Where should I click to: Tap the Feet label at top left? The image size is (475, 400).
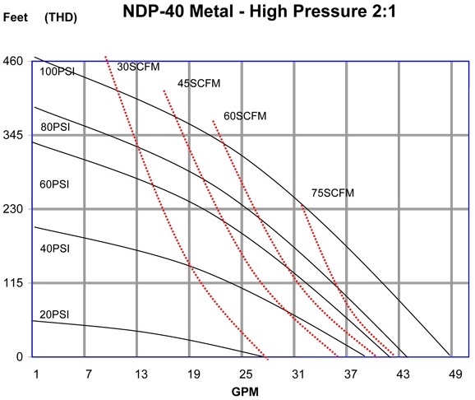tap(15, 16)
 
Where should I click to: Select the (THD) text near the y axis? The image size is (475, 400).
tap(62, 16)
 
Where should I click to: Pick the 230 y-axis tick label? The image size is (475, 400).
tap(12, 209)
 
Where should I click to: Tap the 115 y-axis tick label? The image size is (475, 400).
tap(12, 283)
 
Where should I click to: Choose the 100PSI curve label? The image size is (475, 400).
tap(57, 72)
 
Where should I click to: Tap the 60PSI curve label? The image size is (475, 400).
tap(56, 184)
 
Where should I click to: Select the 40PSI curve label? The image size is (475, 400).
tap(56, 248)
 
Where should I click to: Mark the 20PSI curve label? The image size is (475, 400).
tap(56, 314)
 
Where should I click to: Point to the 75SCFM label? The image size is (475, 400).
tap(332, 193)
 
